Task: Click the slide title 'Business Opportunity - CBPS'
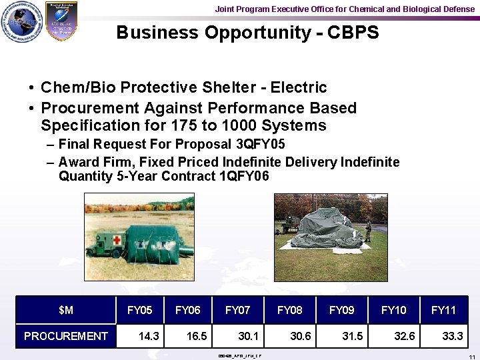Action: tap(247, 33)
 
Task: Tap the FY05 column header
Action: tap(139, 310)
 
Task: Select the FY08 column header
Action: tap(289, 310)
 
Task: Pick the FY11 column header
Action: tap(443, 310)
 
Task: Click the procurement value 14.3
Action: tap(148, 336)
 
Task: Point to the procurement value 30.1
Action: tap(248, 336)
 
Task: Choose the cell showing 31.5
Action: tap(352, 336)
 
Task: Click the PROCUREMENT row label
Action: tap(65, 336)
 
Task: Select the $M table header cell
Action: tap(65, 310)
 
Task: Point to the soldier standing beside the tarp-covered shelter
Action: tap(367, 231)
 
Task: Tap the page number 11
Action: tap(471, 357)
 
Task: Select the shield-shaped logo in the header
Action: tap(61, 21)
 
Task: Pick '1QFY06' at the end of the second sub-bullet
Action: tap(244, 176)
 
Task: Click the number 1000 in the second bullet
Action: tap(241, 125)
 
